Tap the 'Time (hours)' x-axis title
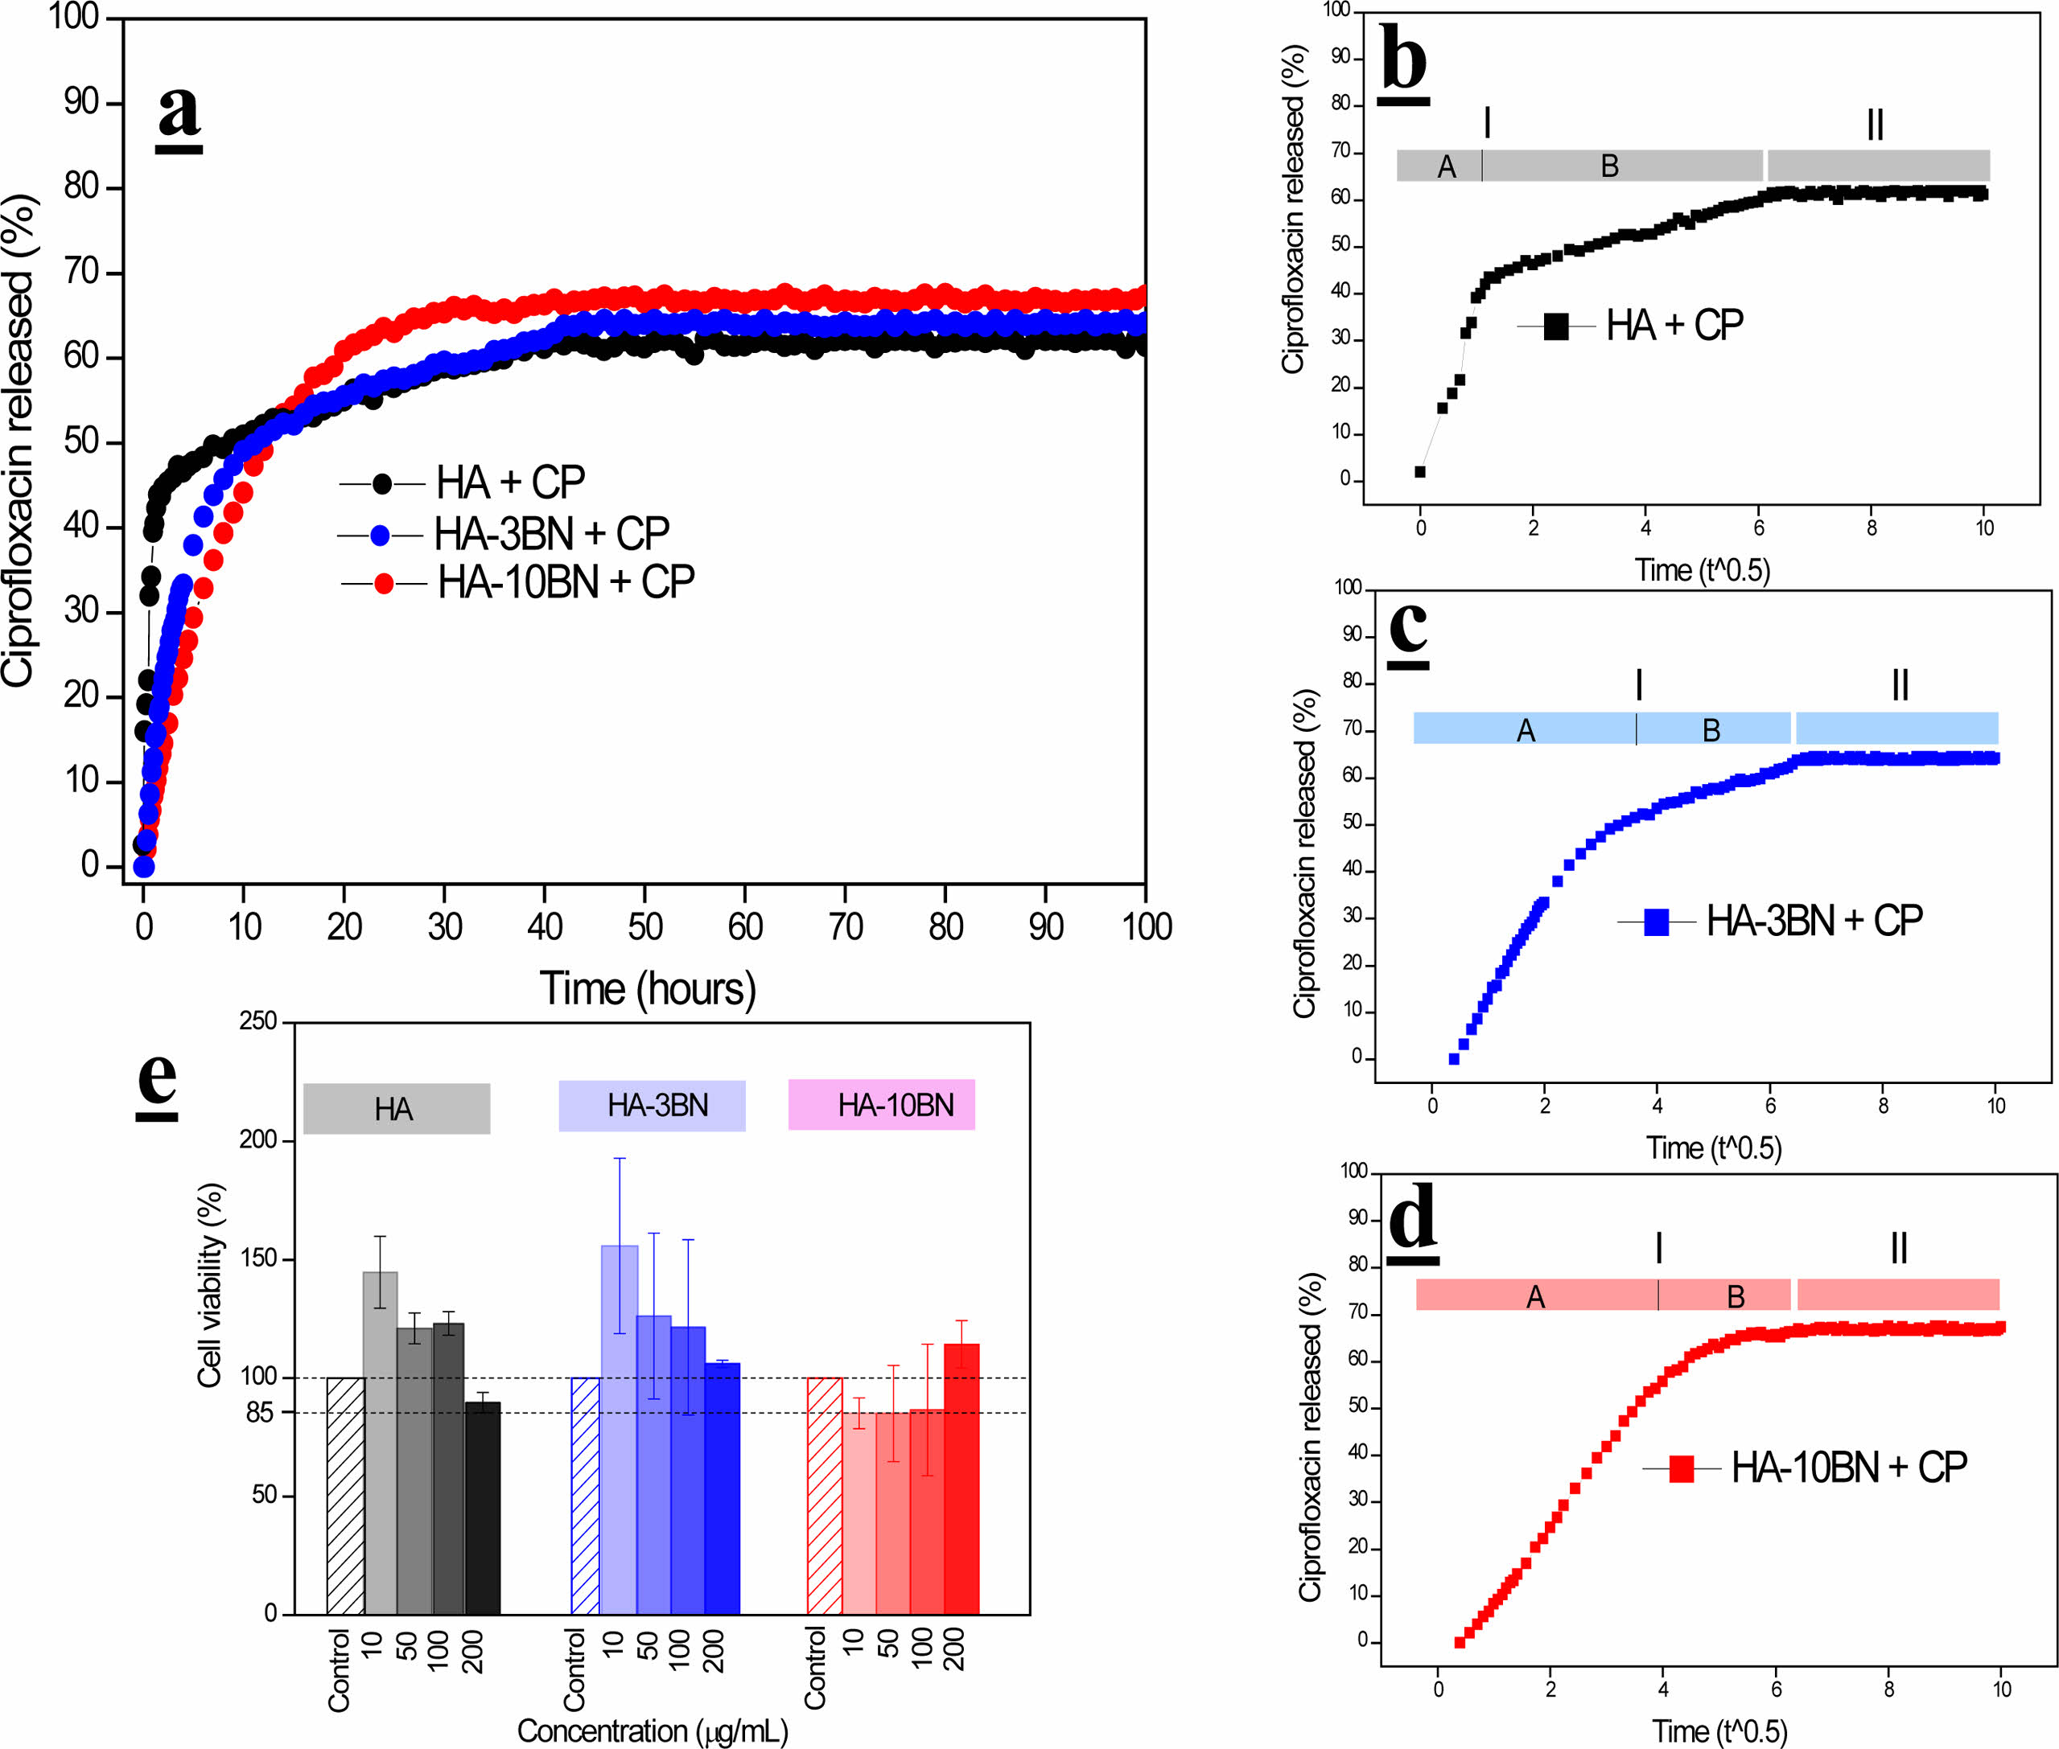coord(647,988)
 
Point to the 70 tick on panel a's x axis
coord(845,926)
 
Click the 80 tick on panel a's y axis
coord(81,187)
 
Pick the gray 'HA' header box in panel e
coord(396,1107)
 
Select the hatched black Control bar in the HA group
coord(345,1497)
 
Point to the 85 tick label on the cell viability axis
coord(260,1412)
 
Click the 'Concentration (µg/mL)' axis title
coord(652,1731)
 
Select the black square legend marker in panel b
coord(1556,326)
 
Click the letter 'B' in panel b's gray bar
coord(1610,166)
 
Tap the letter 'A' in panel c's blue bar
coord(1526,731)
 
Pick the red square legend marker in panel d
coord(1681,1468)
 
